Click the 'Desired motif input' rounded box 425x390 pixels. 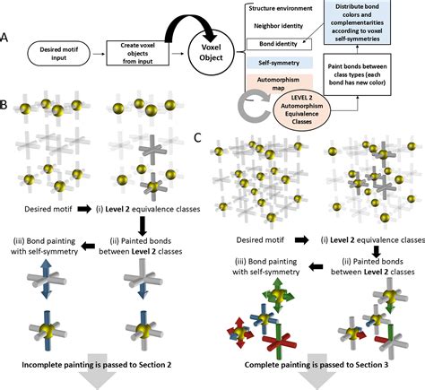tap(58, 54)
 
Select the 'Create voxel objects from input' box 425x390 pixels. tap(138, 53)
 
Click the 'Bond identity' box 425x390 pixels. tap(279, 44)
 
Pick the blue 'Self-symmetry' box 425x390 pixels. tap(279, 63)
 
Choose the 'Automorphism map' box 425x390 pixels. tap(279, 83)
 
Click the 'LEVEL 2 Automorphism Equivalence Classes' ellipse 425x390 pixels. tap(302, 109)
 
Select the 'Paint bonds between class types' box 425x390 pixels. tap(357, 74)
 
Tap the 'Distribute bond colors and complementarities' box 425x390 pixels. tap(357, 22)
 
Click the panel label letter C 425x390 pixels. tap(197, 138)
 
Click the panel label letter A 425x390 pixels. tap(4, 38)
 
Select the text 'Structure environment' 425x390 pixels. tap(281, 8)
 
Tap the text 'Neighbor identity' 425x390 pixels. tap(279, 26)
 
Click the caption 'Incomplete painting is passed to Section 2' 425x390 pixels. tap(97, 365)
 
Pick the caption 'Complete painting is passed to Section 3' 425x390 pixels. tap(317, 365)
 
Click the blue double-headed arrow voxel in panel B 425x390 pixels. tap(46, 279)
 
